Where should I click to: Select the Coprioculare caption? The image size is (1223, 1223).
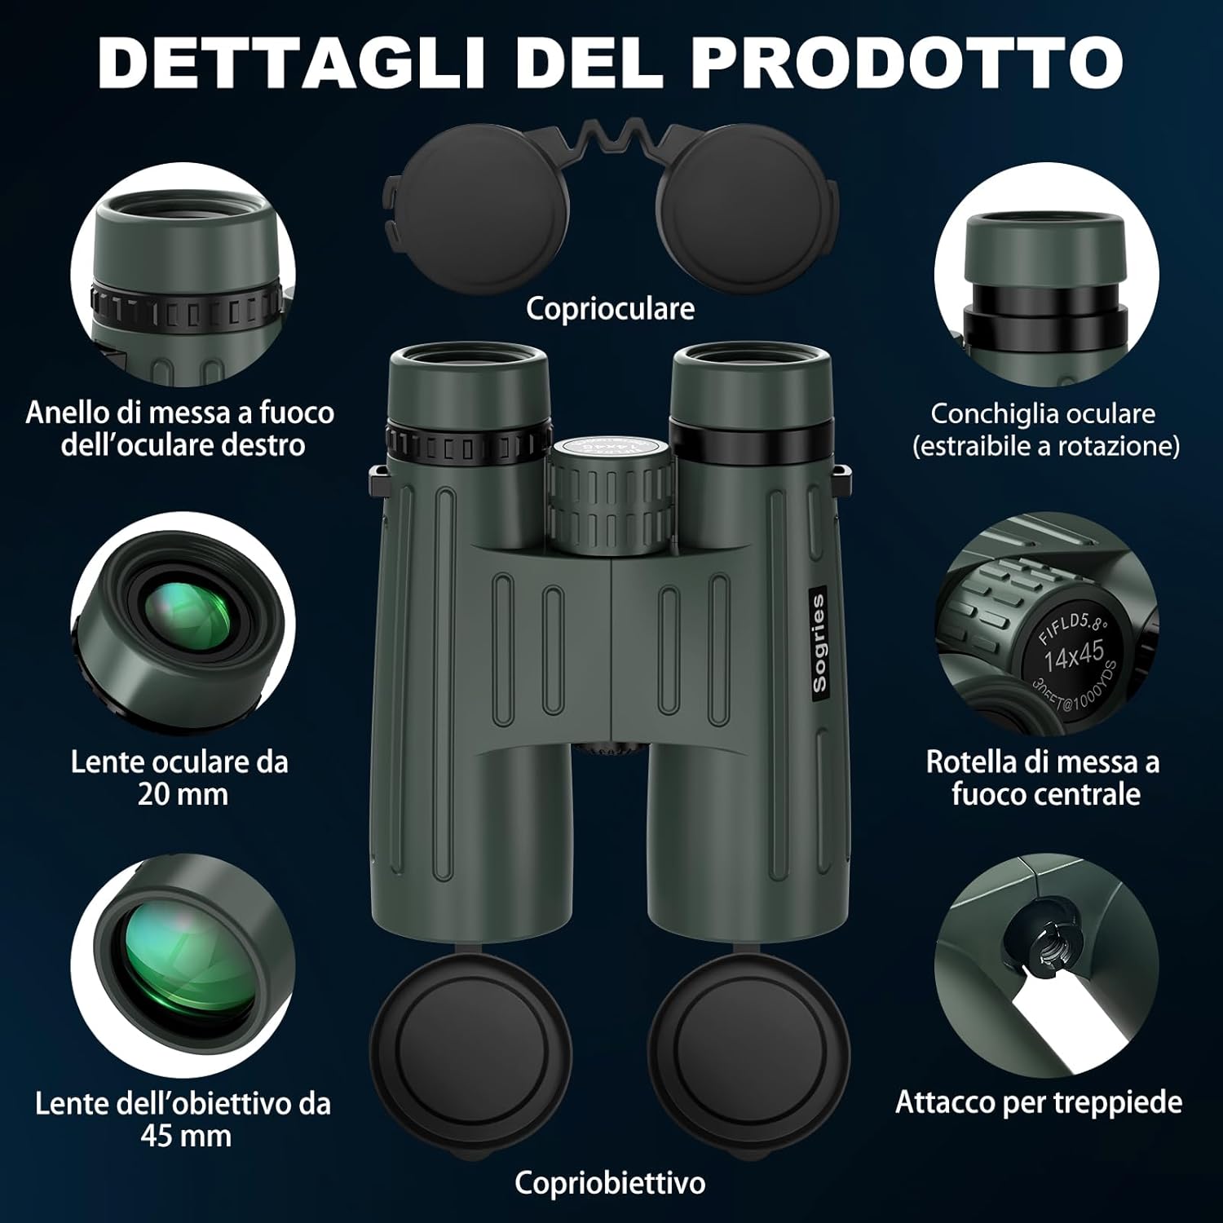point(610,309)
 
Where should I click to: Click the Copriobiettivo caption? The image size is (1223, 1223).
point(610,1182)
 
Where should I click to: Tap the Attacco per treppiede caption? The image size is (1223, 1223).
point(1039,1102)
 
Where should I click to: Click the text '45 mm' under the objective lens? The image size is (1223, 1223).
point(186,1136)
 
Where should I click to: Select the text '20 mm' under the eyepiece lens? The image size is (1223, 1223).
point(183,794)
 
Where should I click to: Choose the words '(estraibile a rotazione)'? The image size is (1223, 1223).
point(1046,446)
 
